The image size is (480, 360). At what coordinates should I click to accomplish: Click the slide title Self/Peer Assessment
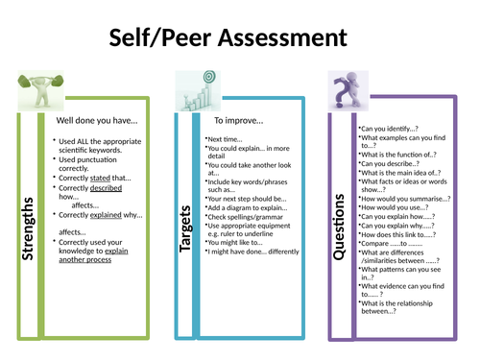click(x=240, y=38)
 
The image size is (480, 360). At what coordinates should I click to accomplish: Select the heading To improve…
click(x=239, y=121)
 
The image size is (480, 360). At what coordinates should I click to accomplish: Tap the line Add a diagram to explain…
click(x=249, y=205)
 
